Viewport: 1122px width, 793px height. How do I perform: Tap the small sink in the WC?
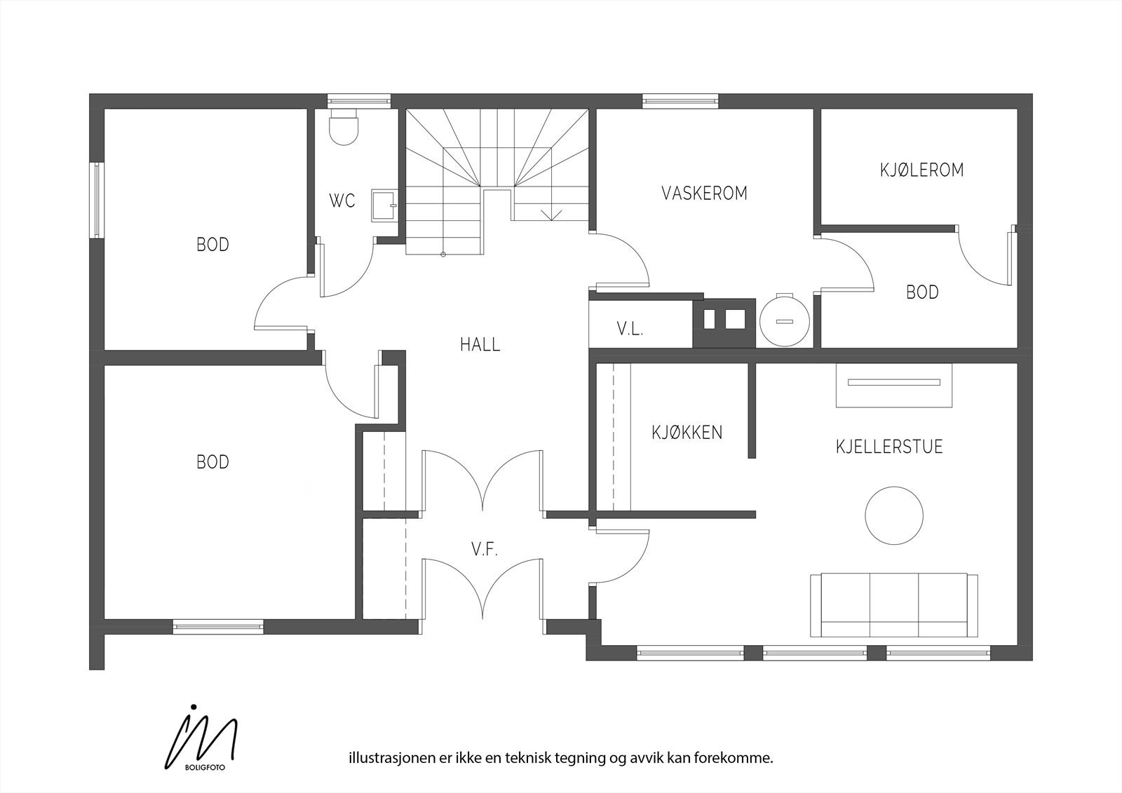tap(385, 205)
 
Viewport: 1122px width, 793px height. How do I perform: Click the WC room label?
tap(342, 201)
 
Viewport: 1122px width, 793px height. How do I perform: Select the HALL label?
tap(480, 345)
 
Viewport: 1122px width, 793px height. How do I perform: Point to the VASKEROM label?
tap(704, 194)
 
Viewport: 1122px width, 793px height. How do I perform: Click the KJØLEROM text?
tap(921, 170)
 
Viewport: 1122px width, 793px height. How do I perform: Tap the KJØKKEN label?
tap(687, 433)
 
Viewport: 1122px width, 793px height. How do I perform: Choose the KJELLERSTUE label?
tap(889, 447)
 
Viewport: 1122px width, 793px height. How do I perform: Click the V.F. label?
tap(484, 550)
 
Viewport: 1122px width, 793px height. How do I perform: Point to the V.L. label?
tap(630, 329)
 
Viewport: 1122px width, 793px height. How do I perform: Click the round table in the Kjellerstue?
tap(894, 515)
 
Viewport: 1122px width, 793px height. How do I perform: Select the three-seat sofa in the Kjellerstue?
tap(894, 605)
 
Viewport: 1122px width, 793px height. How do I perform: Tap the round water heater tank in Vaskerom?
tap(785, 320)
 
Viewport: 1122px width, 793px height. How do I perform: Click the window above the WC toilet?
tap(358, 101)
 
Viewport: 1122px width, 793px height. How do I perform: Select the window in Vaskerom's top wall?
tap(680, 101)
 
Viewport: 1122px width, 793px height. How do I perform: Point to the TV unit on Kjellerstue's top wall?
tap(894, 385)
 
